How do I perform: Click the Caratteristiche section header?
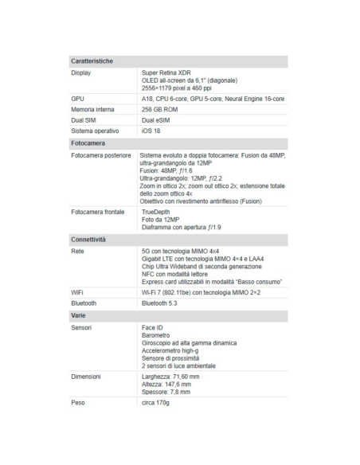pyautogui.click(x=92, y=61)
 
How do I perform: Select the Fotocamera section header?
pyautogui.click(x=88, y=143)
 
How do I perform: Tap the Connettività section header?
pyautogui.click(x=89, y=239)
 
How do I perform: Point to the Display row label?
pyautogui.click(x=80, y=72)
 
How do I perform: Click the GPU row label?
pyautogui.click(x=77, y=98)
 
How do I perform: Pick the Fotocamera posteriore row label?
pyautogui.click(x=100, y=155)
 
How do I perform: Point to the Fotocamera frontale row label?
pyautogui.click(x=97, y=213)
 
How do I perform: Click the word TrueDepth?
pyautogui.click(x=156, y=213)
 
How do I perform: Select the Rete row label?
pyautogui.click(x=77, y=251)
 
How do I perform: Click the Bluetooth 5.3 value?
pyautogui.click(x=159, y=304)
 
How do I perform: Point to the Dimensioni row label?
pyautogui.click(x=84, y=375)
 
